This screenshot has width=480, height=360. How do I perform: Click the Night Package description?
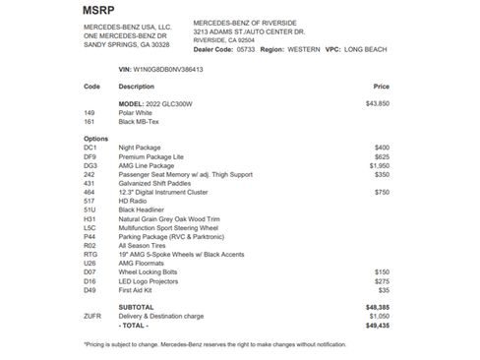coord(142,147)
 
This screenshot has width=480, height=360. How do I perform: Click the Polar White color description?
coord(136,112)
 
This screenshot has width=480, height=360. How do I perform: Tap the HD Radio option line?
coord(133,201)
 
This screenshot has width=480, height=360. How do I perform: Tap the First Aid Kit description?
coord(137,290)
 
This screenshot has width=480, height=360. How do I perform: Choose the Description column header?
coord(137,87)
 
